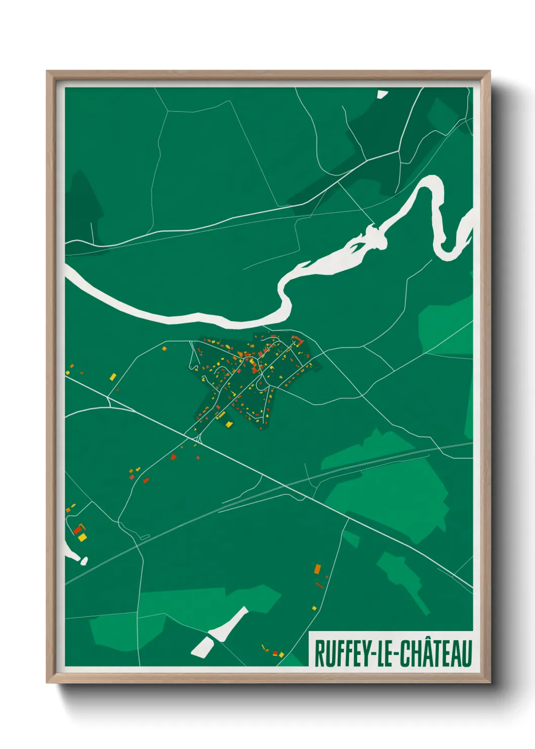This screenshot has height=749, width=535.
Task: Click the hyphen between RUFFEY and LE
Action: pos(373,654)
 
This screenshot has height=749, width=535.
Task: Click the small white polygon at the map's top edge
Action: pos(382,94)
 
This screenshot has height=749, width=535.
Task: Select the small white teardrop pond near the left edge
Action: pos(84,560)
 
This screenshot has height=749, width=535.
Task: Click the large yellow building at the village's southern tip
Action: pos(229,424)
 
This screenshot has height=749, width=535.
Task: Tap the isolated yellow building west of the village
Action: pos(113,377)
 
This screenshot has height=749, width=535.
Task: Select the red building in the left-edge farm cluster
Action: pos(77,530)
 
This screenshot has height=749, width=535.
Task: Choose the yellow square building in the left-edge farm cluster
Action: pos(82,537)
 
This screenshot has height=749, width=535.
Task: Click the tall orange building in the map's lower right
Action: pos(318,568)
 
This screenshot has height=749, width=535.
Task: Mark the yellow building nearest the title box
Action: pos(282,655)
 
